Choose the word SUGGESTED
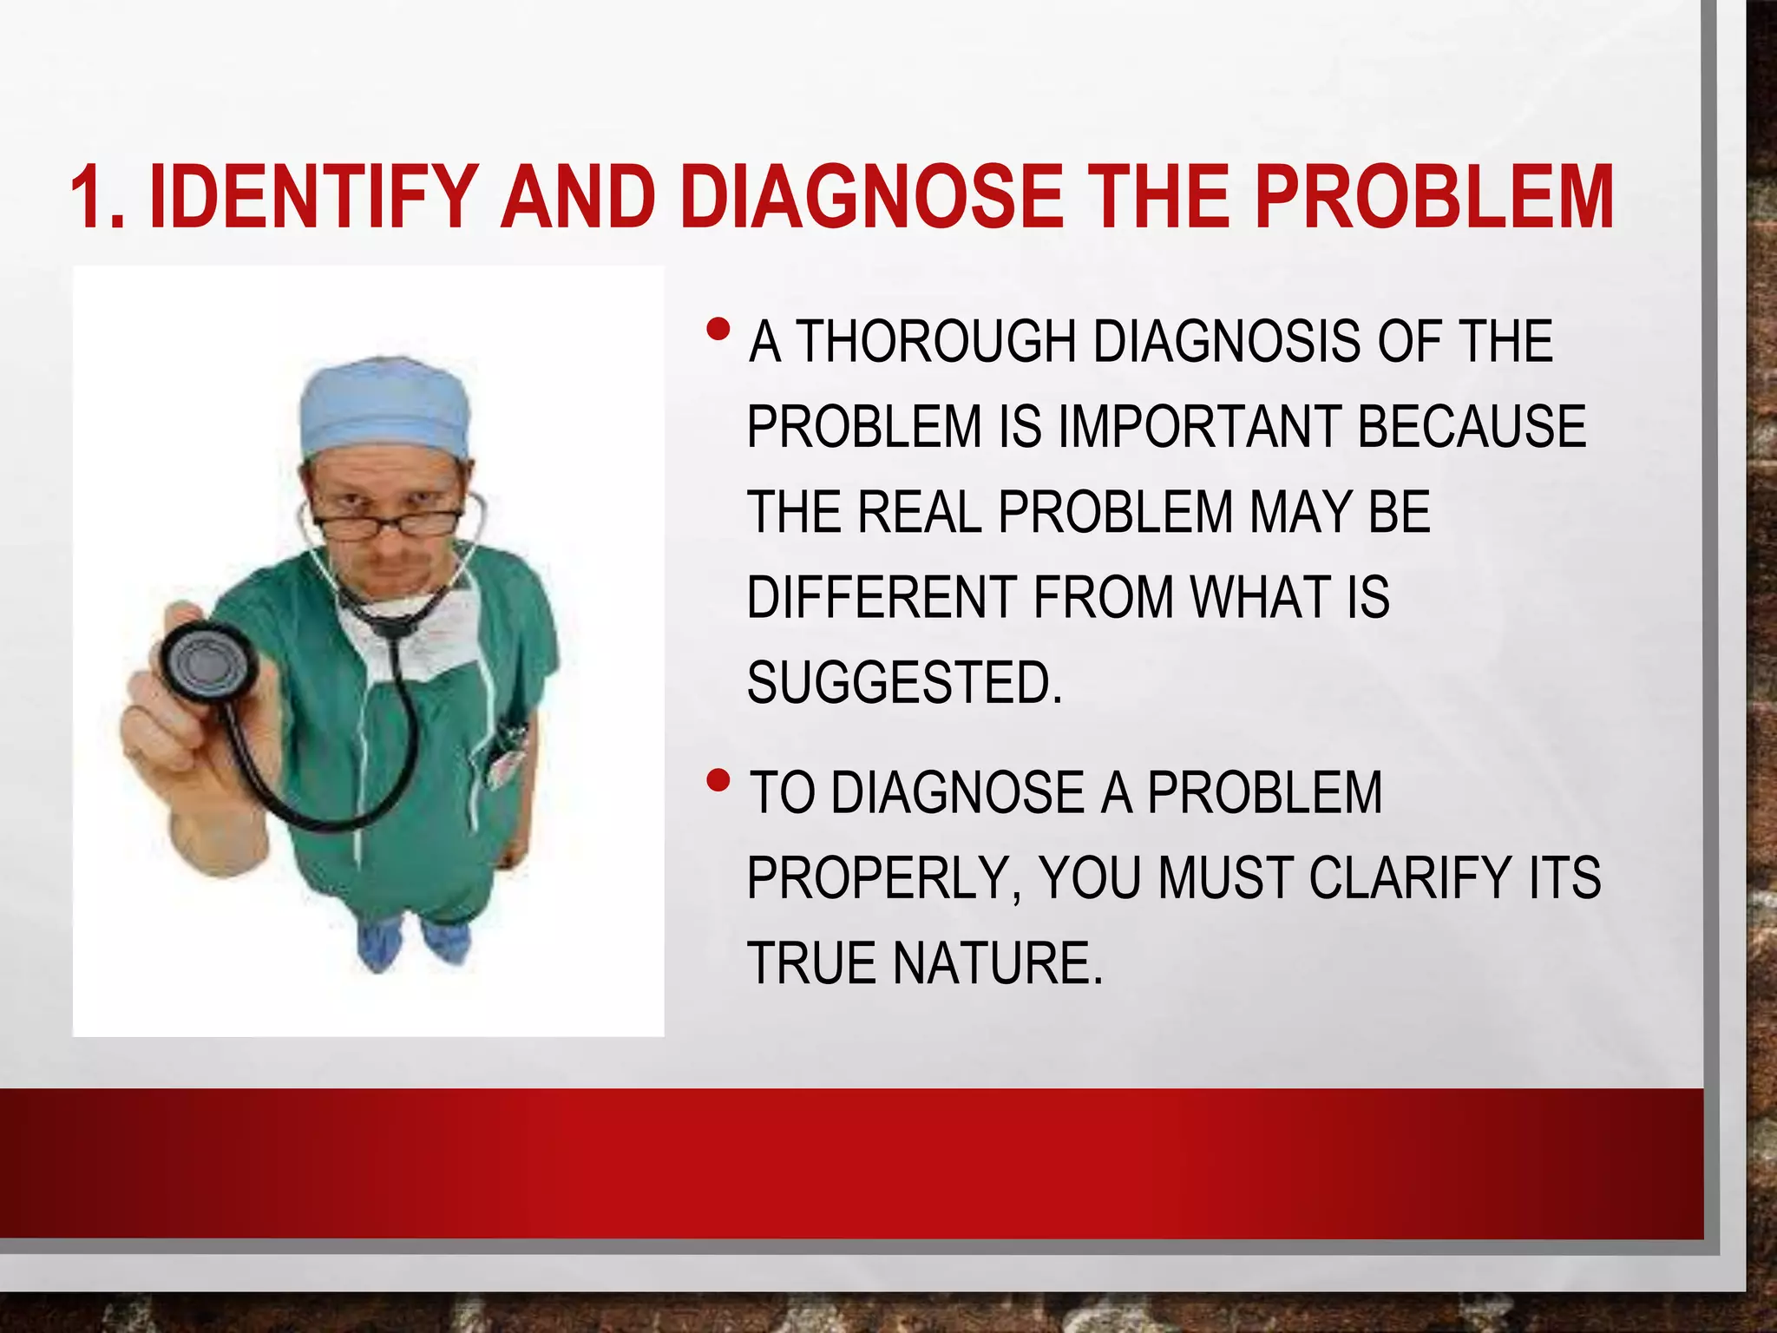[903, 683]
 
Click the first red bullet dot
[718, 330]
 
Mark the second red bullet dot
[718, 782]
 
